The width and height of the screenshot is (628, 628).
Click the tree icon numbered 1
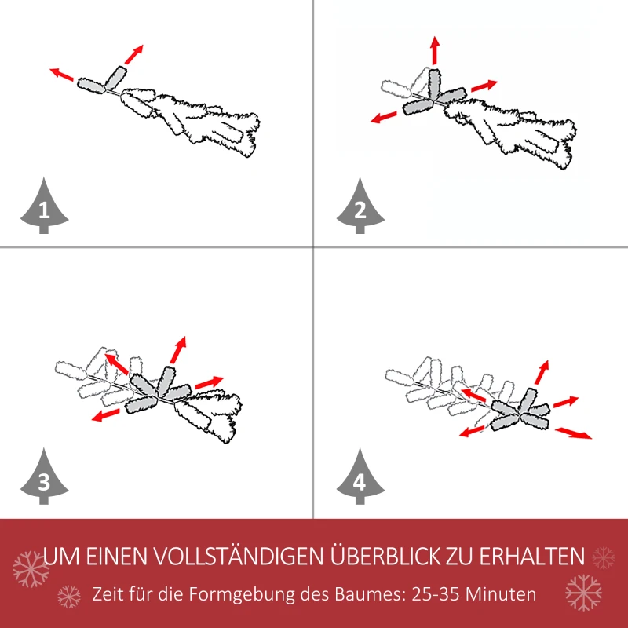click(x=43, y=207)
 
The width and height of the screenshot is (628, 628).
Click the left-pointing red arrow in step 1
click(x=62, y=75)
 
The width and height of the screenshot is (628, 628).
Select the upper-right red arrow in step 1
click(x=134, y=53)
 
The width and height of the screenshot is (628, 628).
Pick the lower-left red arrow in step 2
click(x=384, y=117)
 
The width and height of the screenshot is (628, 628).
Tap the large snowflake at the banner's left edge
click(x=30, y=569)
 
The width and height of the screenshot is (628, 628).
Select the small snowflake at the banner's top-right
click(x=603, y=557)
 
